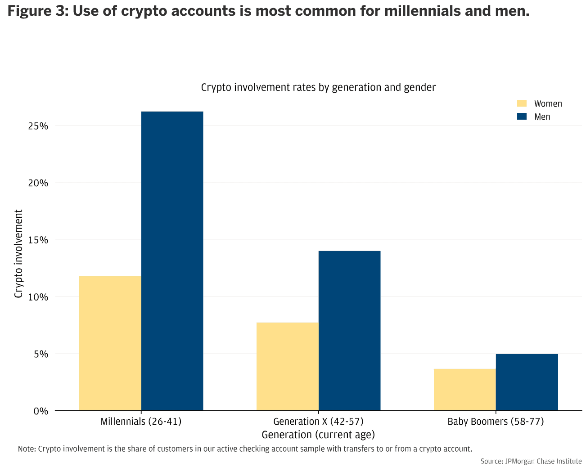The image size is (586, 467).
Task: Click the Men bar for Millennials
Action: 172,261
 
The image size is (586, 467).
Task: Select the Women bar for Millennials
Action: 110,343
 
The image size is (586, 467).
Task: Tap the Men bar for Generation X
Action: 349,331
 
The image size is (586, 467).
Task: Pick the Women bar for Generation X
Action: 287,367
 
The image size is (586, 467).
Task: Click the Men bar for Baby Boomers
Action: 527,382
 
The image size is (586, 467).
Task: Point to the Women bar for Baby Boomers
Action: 464,390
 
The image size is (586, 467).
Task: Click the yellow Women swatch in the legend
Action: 522,103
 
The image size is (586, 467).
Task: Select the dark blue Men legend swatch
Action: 522,117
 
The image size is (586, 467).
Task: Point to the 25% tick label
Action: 38,126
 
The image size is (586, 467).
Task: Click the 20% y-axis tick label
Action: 38,183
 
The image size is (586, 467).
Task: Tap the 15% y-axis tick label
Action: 38,240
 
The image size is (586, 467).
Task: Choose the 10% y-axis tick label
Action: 38,297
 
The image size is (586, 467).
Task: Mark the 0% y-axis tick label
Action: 41,411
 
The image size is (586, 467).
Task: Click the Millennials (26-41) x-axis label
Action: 141,422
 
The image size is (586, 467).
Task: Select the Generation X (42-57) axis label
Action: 318,422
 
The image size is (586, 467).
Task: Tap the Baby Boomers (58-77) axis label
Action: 496,422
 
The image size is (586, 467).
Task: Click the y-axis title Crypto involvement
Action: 18,254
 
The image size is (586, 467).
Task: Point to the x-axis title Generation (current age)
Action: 318,435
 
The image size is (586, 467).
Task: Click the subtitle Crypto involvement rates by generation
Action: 318,87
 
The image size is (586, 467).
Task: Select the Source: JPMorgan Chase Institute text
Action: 531,461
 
